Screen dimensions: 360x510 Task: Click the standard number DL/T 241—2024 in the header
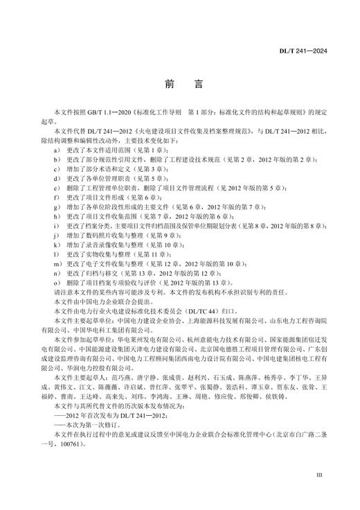[323, 51]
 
